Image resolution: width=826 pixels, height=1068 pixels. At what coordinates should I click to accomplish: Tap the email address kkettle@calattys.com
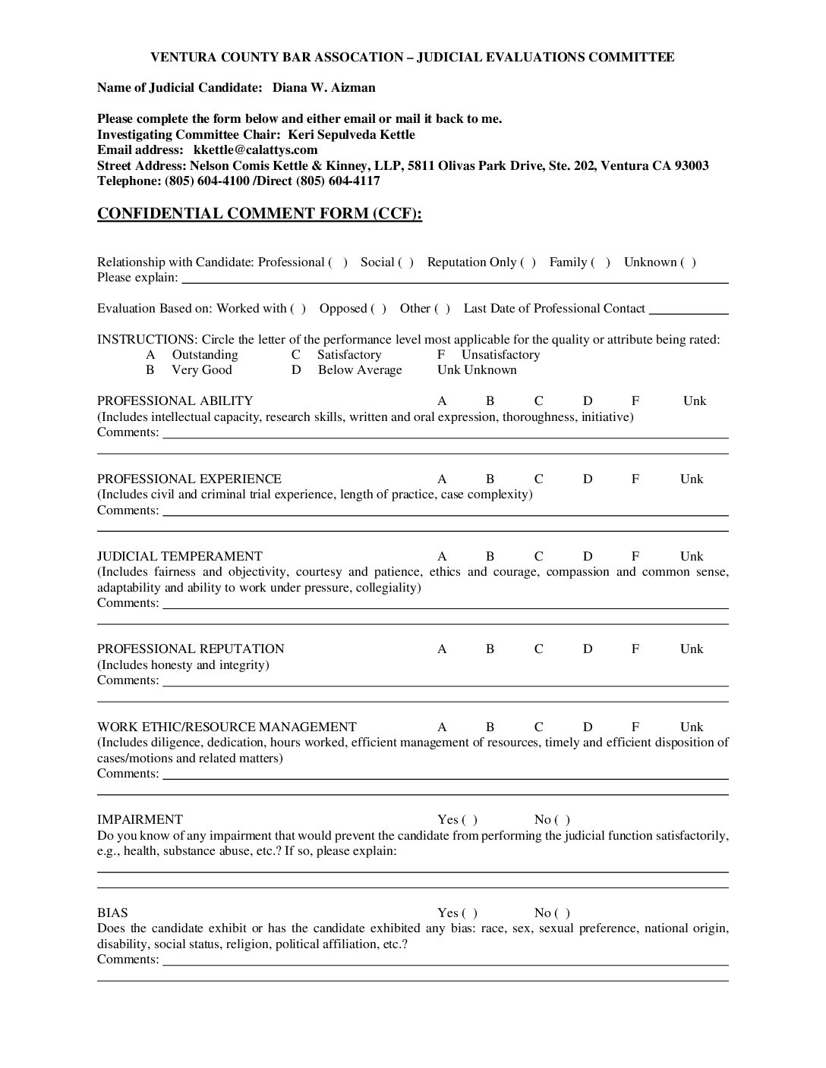click(x=255, y=150)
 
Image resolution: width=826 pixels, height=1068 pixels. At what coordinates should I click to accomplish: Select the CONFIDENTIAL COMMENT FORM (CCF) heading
click(x=259, y=214)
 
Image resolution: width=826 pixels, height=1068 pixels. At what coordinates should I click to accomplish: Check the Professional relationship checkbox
click(x=339, y=262)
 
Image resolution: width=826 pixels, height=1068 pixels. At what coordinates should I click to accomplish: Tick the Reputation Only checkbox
click(x=528, y=262)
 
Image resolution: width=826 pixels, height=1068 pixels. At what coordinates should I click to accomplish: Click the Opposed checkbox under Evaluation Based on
click(x=378, y=309)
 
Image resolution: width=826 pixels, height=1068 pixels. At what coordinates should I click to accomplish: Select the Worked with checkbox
click(x=298, y=309)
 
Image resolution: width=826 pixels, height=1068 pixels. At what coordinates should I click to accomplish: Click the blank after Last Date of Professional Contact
click(x=689, y=309)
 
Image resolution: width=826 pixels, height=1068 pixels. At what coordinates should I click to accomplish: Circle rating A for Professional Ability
click(x=442, y=401)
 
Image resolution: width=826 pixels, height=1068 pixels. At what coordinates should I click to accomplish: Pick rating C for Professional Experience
click(x=539, y=479)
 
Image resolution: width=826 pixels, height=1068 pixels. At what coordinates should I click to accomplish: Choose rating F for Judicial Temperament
click(x=635, y=557)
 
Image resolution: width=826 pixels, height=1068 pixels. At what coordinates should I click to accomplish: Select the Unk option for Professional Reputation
click(x=692, y=649)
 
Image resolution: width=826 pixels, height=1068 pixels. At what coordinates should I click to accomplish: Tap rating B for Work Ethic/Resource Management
click(x=490, y=727)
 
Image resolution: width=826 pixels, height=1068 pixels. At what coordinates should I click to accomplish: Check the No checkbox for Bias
click(x=562, y=913)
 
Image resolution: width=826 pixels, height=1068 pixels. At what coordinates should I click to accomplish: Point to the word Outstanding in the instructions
click(x=205, y=355)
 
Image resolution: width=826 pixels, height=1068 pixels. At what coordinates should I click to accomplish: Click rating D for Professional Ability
click(x=588, y=401)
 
